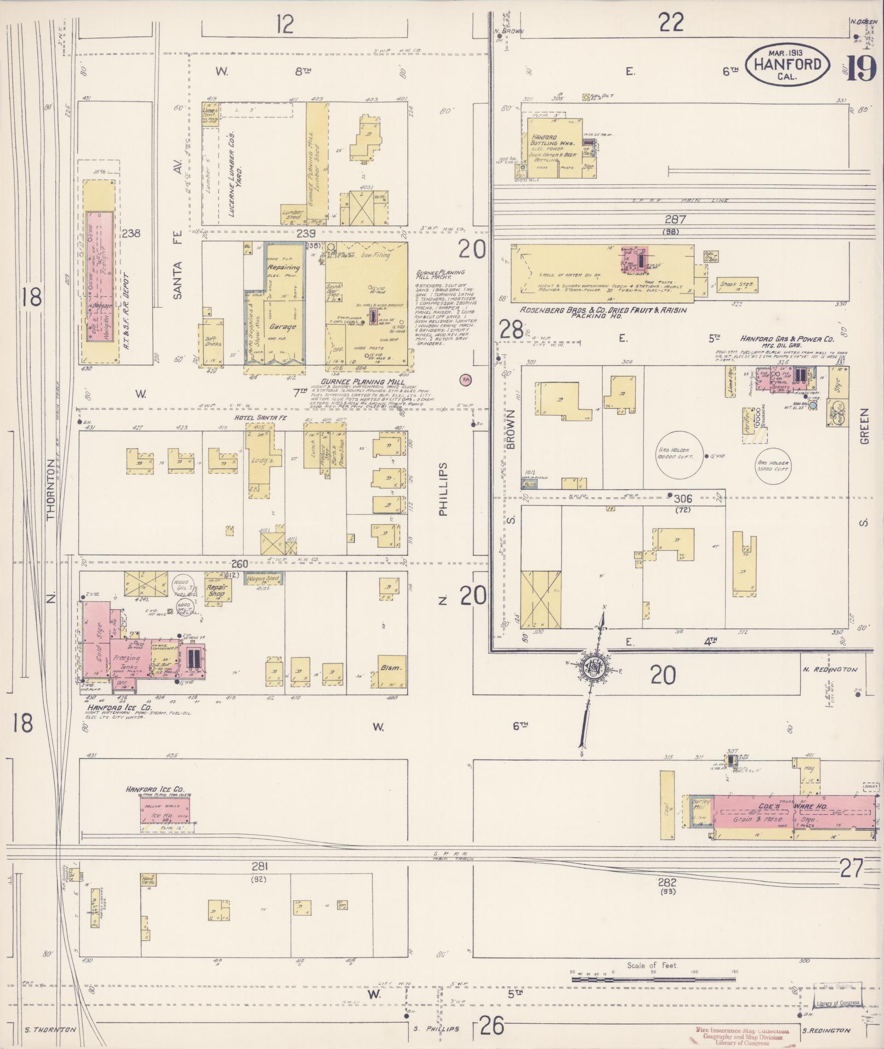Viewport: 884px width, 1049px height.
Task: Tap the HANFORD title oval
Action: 788,65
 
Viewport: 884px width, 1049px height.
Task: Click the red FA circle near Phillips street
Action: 467,379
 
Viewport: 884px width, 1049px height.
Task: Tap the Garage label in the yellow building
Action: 282,327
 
